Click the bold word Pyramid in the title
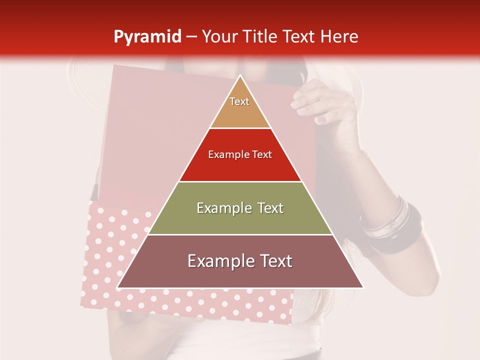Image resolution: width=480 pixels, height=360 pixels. [147, 36]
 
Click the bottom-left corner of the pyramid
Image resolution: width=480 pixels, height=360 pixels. [118, 287]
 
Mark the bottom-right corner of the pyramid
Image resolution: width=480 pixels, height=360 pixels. [362, 287]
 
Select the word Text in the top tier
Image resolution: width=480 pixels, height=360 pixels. [239, 101]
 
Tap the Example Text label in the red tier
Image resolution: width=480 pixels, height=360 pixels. [240, 154]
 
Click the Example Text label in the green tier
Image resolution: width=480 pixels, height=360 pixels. [240, 208]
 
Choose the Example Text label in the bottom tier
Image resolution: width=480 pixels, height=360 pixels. [240, 261]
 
